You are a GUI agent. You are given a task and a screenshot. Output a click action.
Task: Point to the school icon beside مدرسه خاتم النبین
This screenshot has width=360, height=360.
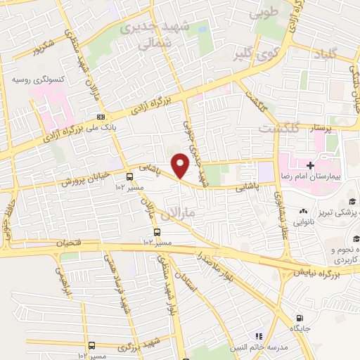coord(258,336)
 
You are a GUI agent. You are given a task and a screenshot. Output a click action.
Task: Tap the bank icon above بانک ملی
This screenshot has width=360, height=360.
coord(101,117)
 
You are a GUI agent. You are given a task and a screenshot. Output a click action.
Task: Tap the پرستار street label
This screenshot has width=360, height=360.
coord(311,128)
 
